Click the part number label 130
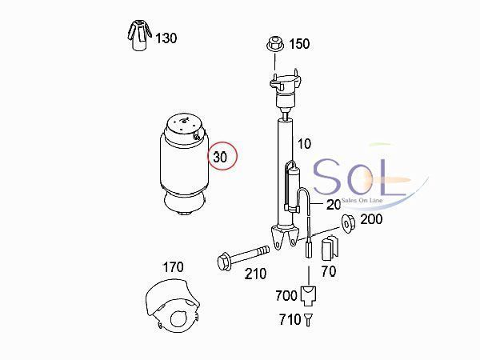(x=166, y=38)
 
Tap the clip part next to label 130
(x=139, y=35)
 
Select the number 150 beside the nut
(x=299, y=44)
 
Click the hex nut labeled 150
(x=275, y=44)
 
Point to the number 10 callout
(x=304, y=144)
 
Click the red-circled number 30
(x=220, y=157)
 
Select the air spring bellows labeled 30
(x=184, y=165)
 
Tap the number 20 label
(x=334, y=205)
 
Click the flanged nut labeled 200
(x=348, y=223)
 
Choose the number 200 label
(x=371, y=219)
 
